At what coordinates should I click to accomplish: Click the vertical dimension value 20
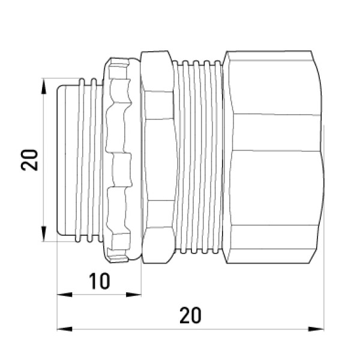coord(29,160)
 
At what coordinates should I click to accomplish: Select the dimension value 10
coord(99,281)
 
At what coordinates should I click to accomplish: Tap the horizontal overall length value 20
coord(190,315)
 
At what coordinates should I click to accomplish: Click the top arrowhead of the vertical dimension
coord(43,86)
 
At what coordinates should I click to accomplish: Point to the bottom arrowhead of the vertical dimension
coord(43,233)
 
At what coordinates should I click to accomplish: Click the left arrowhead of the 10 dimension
coord(65,295)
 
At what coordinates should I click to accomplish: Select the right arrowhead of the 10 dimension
coord(133,295)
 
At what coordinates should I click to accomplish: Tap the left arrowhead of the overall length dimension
coord(65,329)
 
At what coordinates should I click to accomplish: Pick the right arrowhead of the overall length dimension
coord(316,329)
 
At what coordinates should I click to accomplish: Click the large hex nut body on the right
coord(273,157)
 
